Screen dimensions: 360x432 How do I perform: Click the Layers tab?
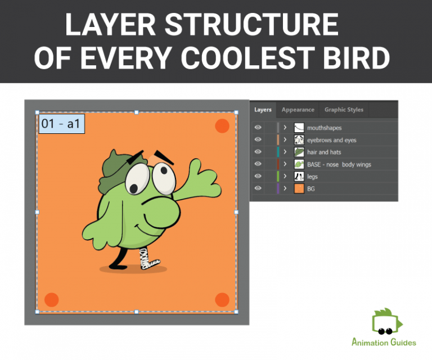tap(263, 110)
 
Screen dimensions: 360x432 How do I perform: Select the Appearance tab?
tap(298, 110)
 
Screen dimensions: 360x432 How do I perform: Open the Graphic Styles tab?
tap(344, 110)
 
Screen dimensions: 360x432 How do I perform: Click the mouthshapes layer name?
tap(324, 128)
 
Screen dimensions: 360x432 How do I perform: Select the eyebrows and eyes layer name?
tap(331, 140)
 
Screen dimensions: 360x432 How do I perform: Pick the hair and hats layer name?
tap(324, 152)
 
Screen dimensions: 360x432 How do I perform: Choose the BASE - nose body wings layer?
tap(339, 164)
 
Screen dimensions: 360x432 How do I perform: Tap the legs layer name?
tap(312, 177)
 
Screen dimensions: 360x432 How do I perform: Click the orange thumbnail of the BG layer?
tap(299, 189)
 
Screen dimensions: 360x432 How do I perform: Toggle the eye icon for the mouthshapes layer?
tap(258, 128)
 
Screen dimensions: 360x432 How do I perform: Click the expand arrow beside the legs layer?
tap(285, 177)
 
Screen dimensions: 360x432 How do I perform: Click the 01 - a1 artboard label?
tap(61, 124)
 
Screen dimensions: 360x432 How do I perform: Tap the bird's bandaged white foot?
tap(149, 258)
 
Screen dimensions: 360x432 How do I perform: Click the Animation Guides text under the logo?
tap(384, 342)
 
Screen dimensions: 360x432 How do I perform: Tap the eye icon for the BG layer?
tap(258, 189)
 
